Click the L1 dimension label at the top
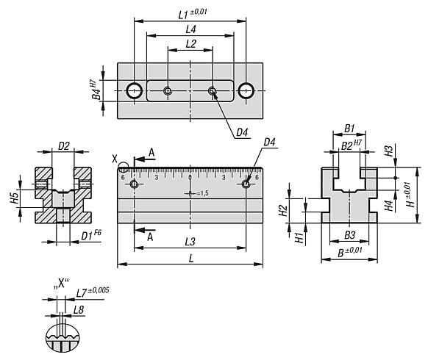pyautogui.click(x=193, y=14)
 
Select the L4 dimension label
pyautogui.click(x=190, y=29)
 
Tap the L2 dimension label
pyautogui.click(x=190, y=43)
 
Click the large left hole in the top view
pyautogui.click(x=135, y=90)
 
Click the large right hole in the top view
pyautogui.click(x=246, y=90)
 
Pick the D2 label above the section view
pyautogui.click(x=64, y=146)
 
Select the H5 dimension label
pyautogui.click(x=15, y=198)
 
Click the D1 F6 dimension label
pyautogui.click(x=91, y=235)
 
